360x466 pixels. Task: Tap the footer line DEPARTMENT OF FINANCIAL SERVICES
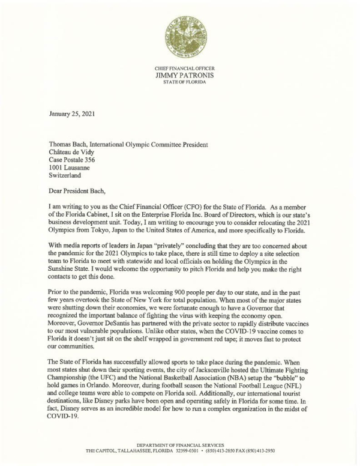pos(179,443)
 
